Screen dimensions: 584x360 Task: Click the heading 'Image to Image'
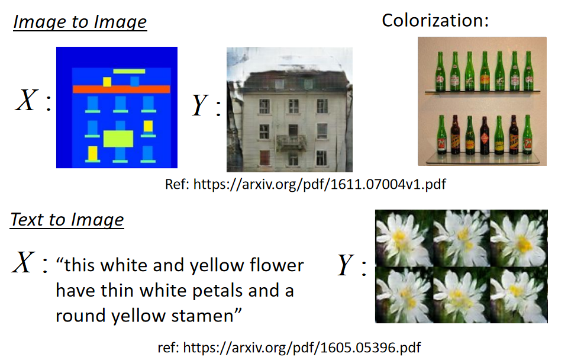(80, 22)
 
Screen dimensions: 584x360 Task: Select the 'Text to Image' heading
(67, 219)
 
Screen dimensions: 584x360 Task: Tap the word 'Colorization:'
(435, 20)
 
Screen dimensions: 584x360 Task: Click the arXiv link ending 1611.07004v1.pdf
(320, 184)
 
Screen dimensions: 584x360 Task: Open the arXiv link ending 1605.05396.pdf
(302, 348)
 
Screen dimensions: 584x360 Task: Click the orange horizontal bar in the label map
(121, 89)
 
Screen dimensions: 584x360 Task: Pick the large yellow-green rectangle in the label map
(118, 139)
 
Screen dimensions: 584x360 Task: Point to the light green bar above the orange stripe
(129, 71)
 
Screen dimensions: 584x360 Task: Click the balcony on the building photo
(291, 142)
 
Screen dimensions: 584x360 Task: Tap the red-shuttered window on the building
(264, 157)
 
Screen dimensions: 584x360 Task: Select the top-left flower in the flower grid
(404, 238)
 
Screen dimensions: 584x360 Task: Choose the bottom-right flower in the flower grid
(519, 295)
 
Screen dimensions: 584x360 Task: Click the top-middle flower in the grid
(462, 238)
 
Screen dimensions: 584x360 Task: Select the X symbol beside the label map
(27, 100)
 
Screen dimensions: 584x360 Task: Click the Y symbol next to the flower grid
(345, 265)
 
